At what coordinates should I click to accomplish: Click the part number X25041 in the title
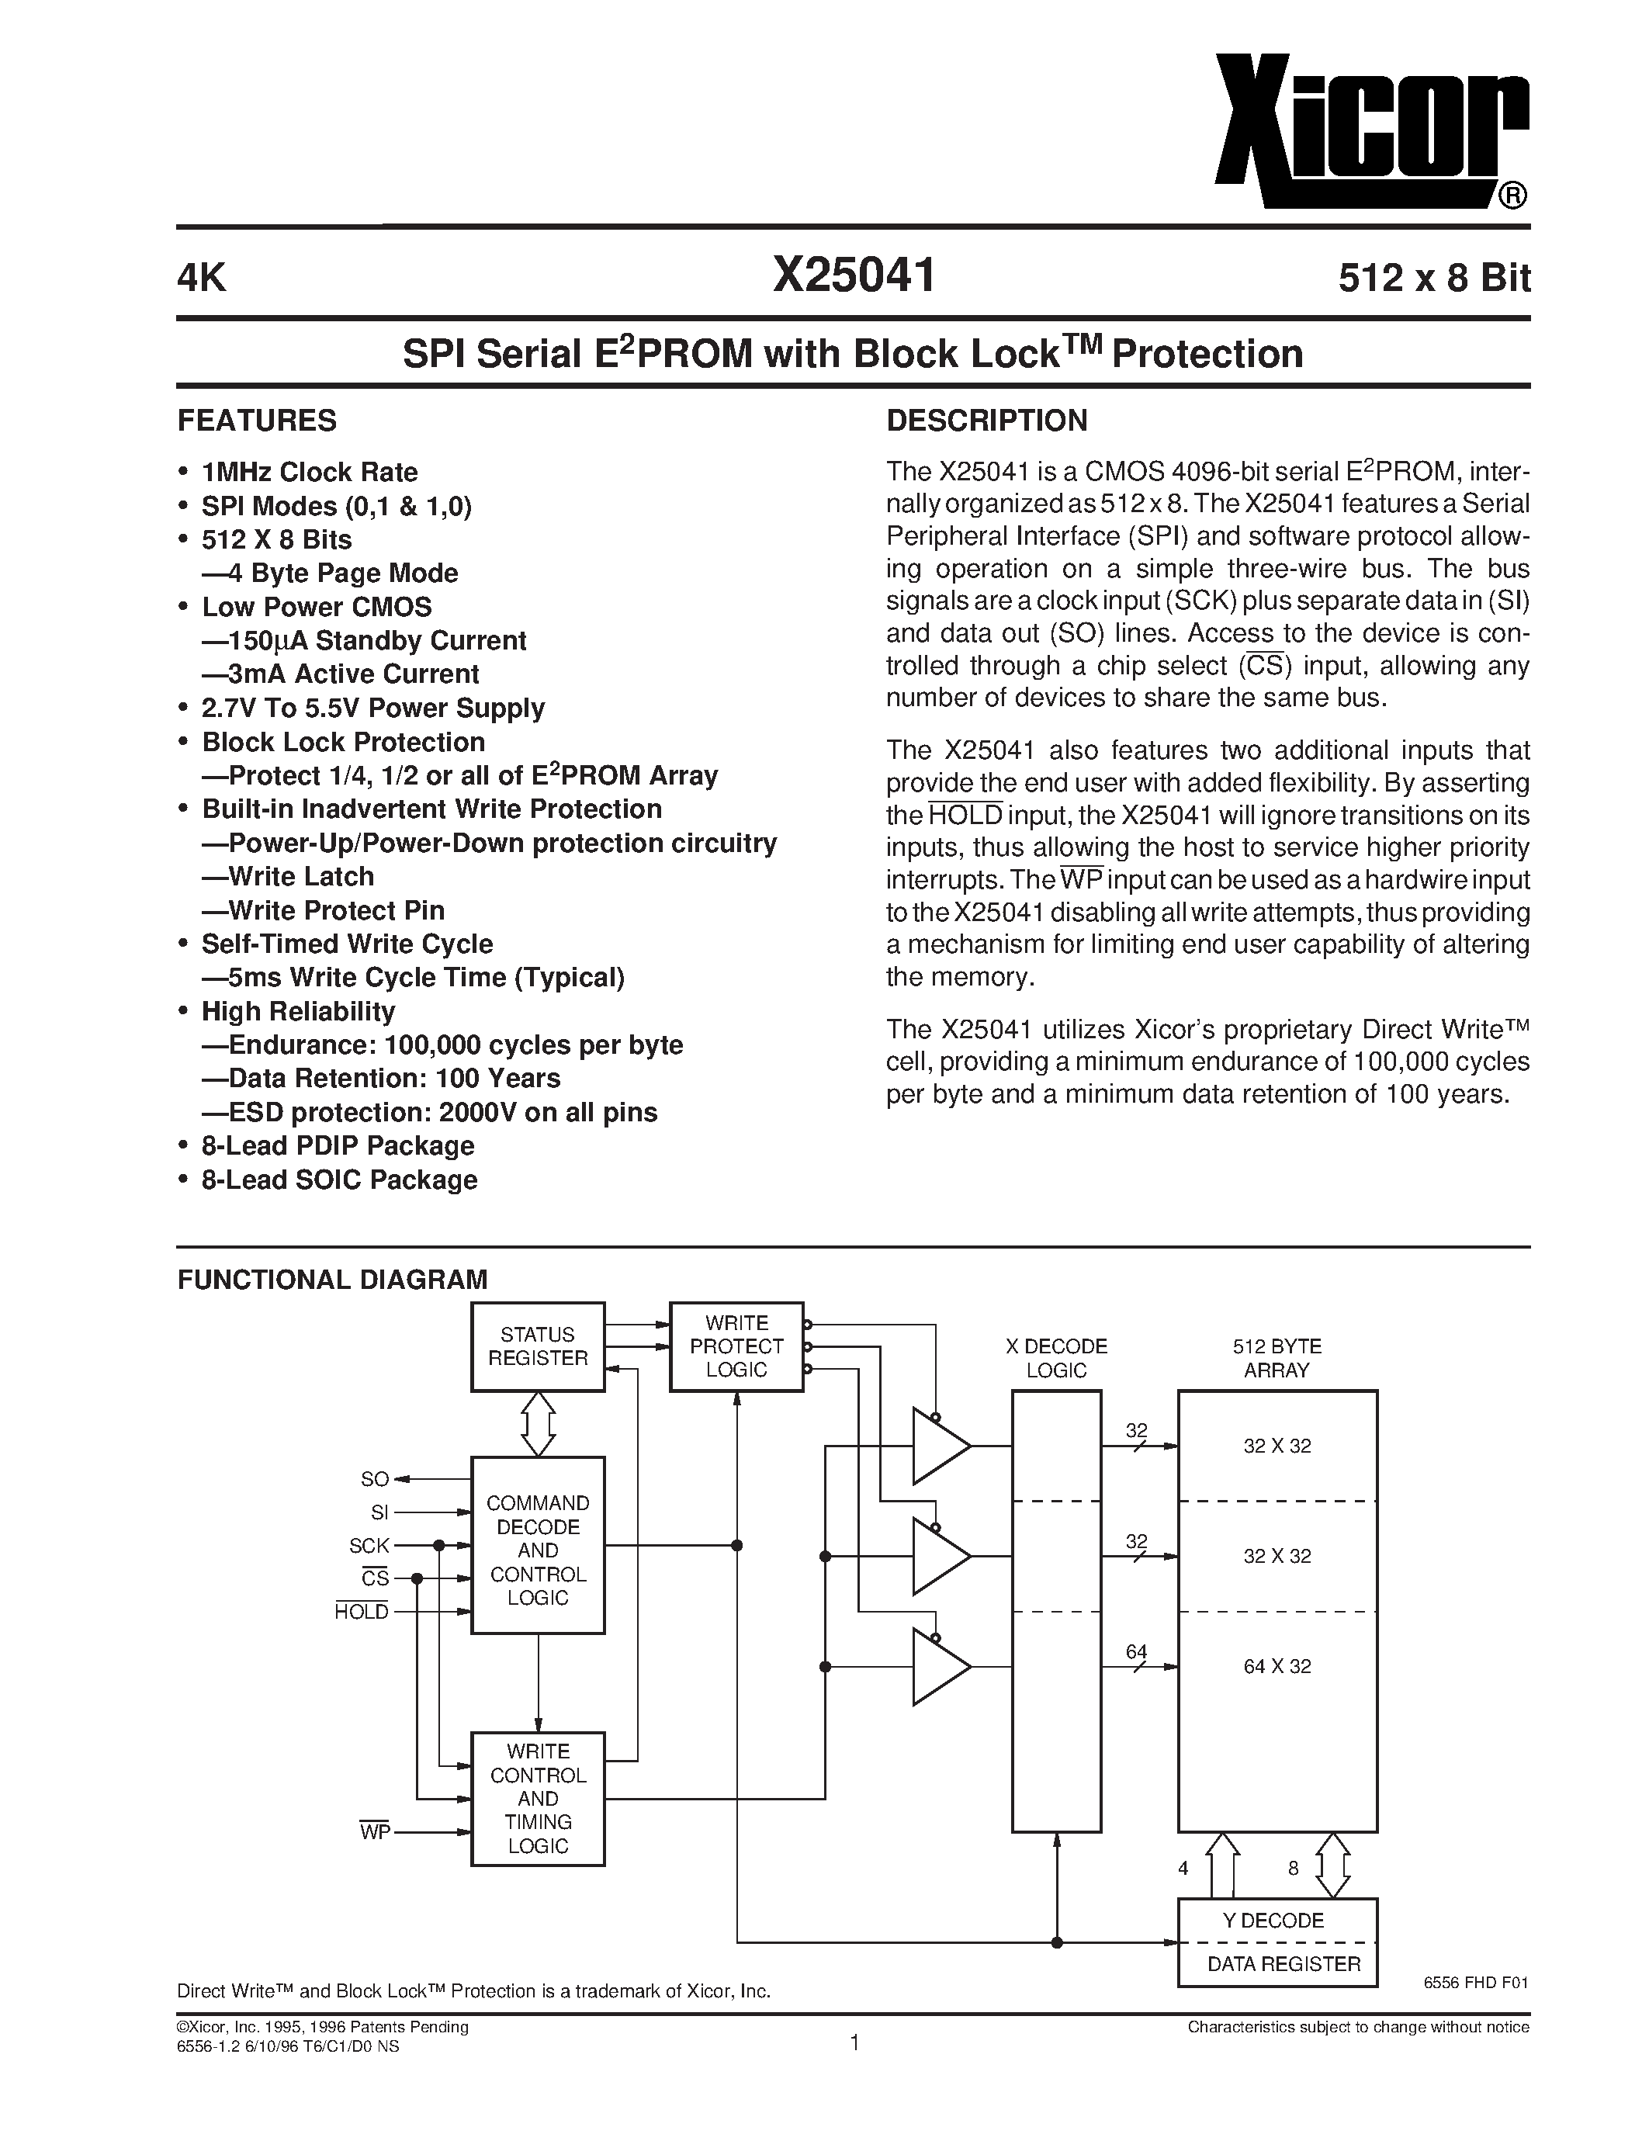[x=854, y=276]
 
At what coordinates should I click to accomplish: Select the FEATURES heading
[x=257, y=421]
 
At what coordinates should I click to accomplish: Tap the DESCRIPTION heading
[x=986, y=421]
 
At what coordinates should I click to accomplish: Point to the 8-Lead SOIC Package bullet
[x=339, y=1180]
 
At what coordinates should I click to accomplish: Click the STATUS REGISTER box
[x=537, y=1346]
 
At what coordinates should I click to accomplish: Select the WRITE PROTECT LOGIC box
[x=736, y=1346]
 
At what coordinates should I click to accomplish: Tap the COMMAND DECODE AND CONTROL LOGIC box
[x=537, y=1550]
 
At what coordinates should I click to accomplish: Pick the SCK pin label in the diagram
[x=369, y=1546]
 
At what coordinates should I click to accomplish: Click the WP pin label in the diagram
[x=374, y=1832]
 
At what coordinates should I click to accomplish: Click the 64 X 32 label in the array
[x=1277, y=1667]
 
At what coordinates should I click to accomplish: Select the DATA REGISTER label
[x=1283, y=1964]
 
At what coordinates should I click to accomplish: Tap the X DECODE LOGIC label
[x=1056, y=1358]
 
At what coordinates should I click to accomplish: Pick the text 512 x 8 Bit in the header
[x=1433, y=279]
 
